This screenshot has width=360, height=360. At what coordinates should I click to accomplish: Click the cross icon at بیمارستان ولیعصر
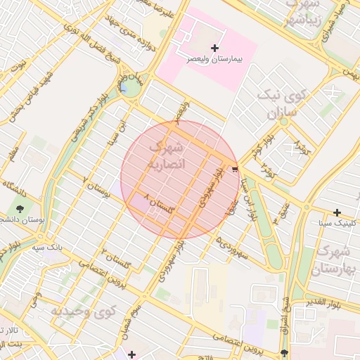coord(214,47)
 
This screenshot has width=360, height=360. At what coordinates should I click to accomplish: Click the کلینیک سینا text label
coord(337,222)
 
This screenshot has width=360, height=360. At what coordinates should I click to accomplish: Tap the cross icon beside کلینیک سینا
coord(337,212)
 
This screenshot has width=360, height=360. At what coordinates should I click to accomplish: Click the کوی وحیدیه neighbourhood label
coord(83,310)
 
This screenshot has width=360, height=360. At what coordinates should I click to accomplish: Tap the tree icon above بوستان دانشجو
coord(18,208)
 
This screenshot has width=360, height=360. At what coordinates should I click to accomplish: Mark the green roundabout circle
coord(129,86)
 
